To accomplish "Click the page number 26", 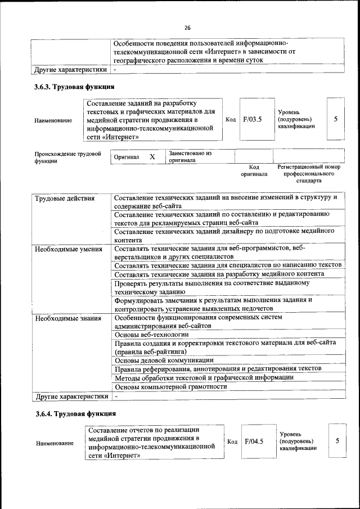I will pyautogui.click(x=188, y=27).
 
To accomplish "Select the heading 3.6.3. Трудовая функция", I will pyautogui.click(x=74, y=87).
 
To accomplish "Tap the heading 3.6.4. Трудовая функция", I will pyautogui.click(x=74, y=413).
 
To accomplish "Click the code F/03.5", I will pyautogui.click(x=253, y=119).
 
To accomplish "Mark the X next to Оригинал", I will pyautogui.click(x=152, y=157).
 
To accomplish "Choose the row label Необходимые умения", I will pyautogui.click(x=68, y=249).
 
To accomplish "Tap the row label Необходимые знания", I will pyautogui.click(x=67, y=318).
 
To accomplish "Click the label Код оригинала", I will pyautogui.click(x=254, y=171).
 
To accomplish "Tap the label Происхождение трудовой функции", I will pyautogui.click(x=67, y=157).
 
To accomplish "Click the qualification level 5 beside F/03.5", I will pyautogui.click(x=336, y=119).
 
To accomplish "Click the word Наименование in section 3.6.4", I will pyautogui.click(x=55, y=443).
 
